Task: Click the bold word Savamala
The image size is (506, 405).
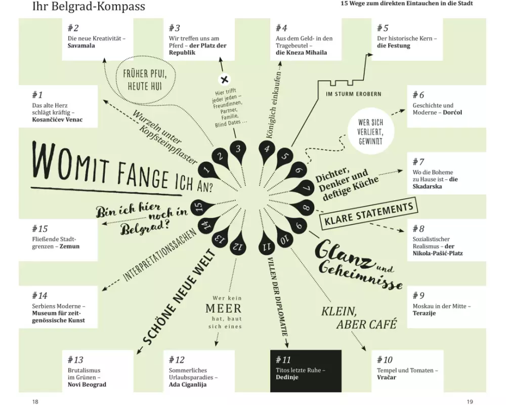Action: tap(81, 46)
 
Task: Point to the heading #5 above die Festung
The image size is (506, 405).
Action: tap(383, 28)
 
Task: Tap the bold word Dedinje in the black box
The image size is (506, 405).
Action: tap(287, 377)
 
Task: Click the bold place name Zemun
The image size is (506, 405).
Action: tap(69, 246)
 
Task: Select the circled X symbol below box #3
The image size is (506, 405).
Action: tap(225, 79)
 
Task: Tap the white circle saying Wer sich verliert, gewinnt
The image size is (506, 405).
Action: tap(370, 132)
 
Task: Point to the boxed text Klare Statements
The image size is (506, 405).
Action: tap(369, 214)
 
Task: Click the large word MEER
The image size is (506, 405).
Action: tap(224, 308)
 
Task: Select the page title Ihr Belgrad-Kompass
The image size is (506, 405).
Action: tap(89, 6)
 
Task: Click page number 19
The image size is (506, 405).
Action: tap(470, 401)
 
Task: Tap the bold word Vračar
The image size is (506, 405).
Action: tap(386, 377)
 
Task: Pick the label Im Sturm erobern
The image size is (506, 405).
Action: tap(354, 94)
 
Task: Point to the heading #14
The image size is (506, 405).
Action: tap(39, 296)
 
